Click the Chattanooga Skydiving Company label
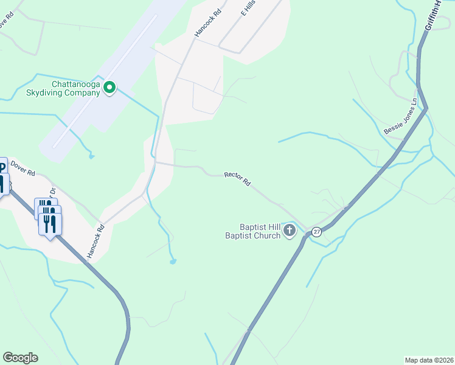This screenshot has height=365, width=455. click(75, 89)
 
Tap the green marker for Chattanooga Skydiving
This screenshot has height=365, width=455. click(109, 88)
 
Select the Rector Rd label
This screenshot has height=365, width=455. click(237, 178)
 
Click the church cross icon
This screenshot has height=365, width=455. click(290, 231)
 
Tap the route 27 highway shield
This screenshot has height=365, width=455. click(316, 232)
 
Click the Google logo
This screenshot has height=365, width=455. click(20, 358)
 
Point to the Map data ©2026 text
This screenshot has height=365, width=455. click(428, 360)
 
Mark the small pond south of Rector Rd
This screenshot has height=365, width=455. click(173, 262)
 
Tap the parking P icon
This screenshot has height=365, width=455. click(2, 166)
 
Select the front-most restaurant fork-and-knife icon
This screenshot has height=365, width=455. click(50, 223)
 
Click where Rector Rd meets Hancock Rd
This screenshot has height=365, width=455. click(156, 162)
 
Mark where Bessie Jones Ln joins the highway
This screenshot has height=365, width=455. click(426, 108)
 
